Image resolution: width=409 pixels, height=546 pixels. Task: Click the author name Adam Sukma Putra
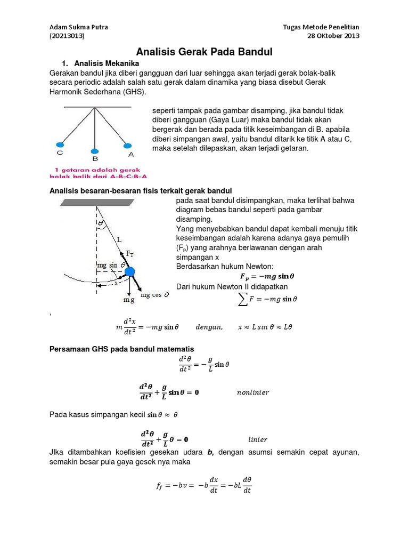tap(78, 27)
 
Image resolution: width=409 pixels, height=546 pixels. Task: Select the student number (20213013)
tap(67, 36)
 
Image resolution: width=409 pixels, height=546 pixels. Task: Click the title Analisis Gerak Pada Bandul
tap(204, 52)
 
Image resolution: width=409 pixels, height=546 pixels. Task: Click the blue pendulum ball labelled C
tap(60, 144)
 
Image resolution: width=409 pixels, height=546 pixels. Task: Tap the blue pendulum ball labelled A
tap(127, 145)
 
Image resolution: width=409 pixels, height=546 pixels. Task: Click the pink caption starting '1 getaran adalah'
tap(99, 172)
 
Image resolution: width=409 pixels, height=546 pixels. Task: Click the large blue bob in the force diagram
tap(130, 272)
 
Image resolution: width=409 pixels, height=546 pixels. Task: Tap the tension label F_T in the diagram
tap(130, 254)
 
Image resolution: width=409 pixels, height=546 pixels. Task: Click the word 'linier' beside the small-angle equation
tap(258, 440)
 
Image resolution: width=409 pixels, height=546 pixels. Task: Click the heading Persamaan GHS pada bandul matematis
tap(122, 349)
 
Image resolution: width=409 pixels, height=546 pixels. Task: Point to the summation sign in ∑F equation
tap(243, 300)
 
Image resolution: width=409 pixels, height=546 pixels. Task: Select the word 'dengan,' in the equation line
tap(209, 327)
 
